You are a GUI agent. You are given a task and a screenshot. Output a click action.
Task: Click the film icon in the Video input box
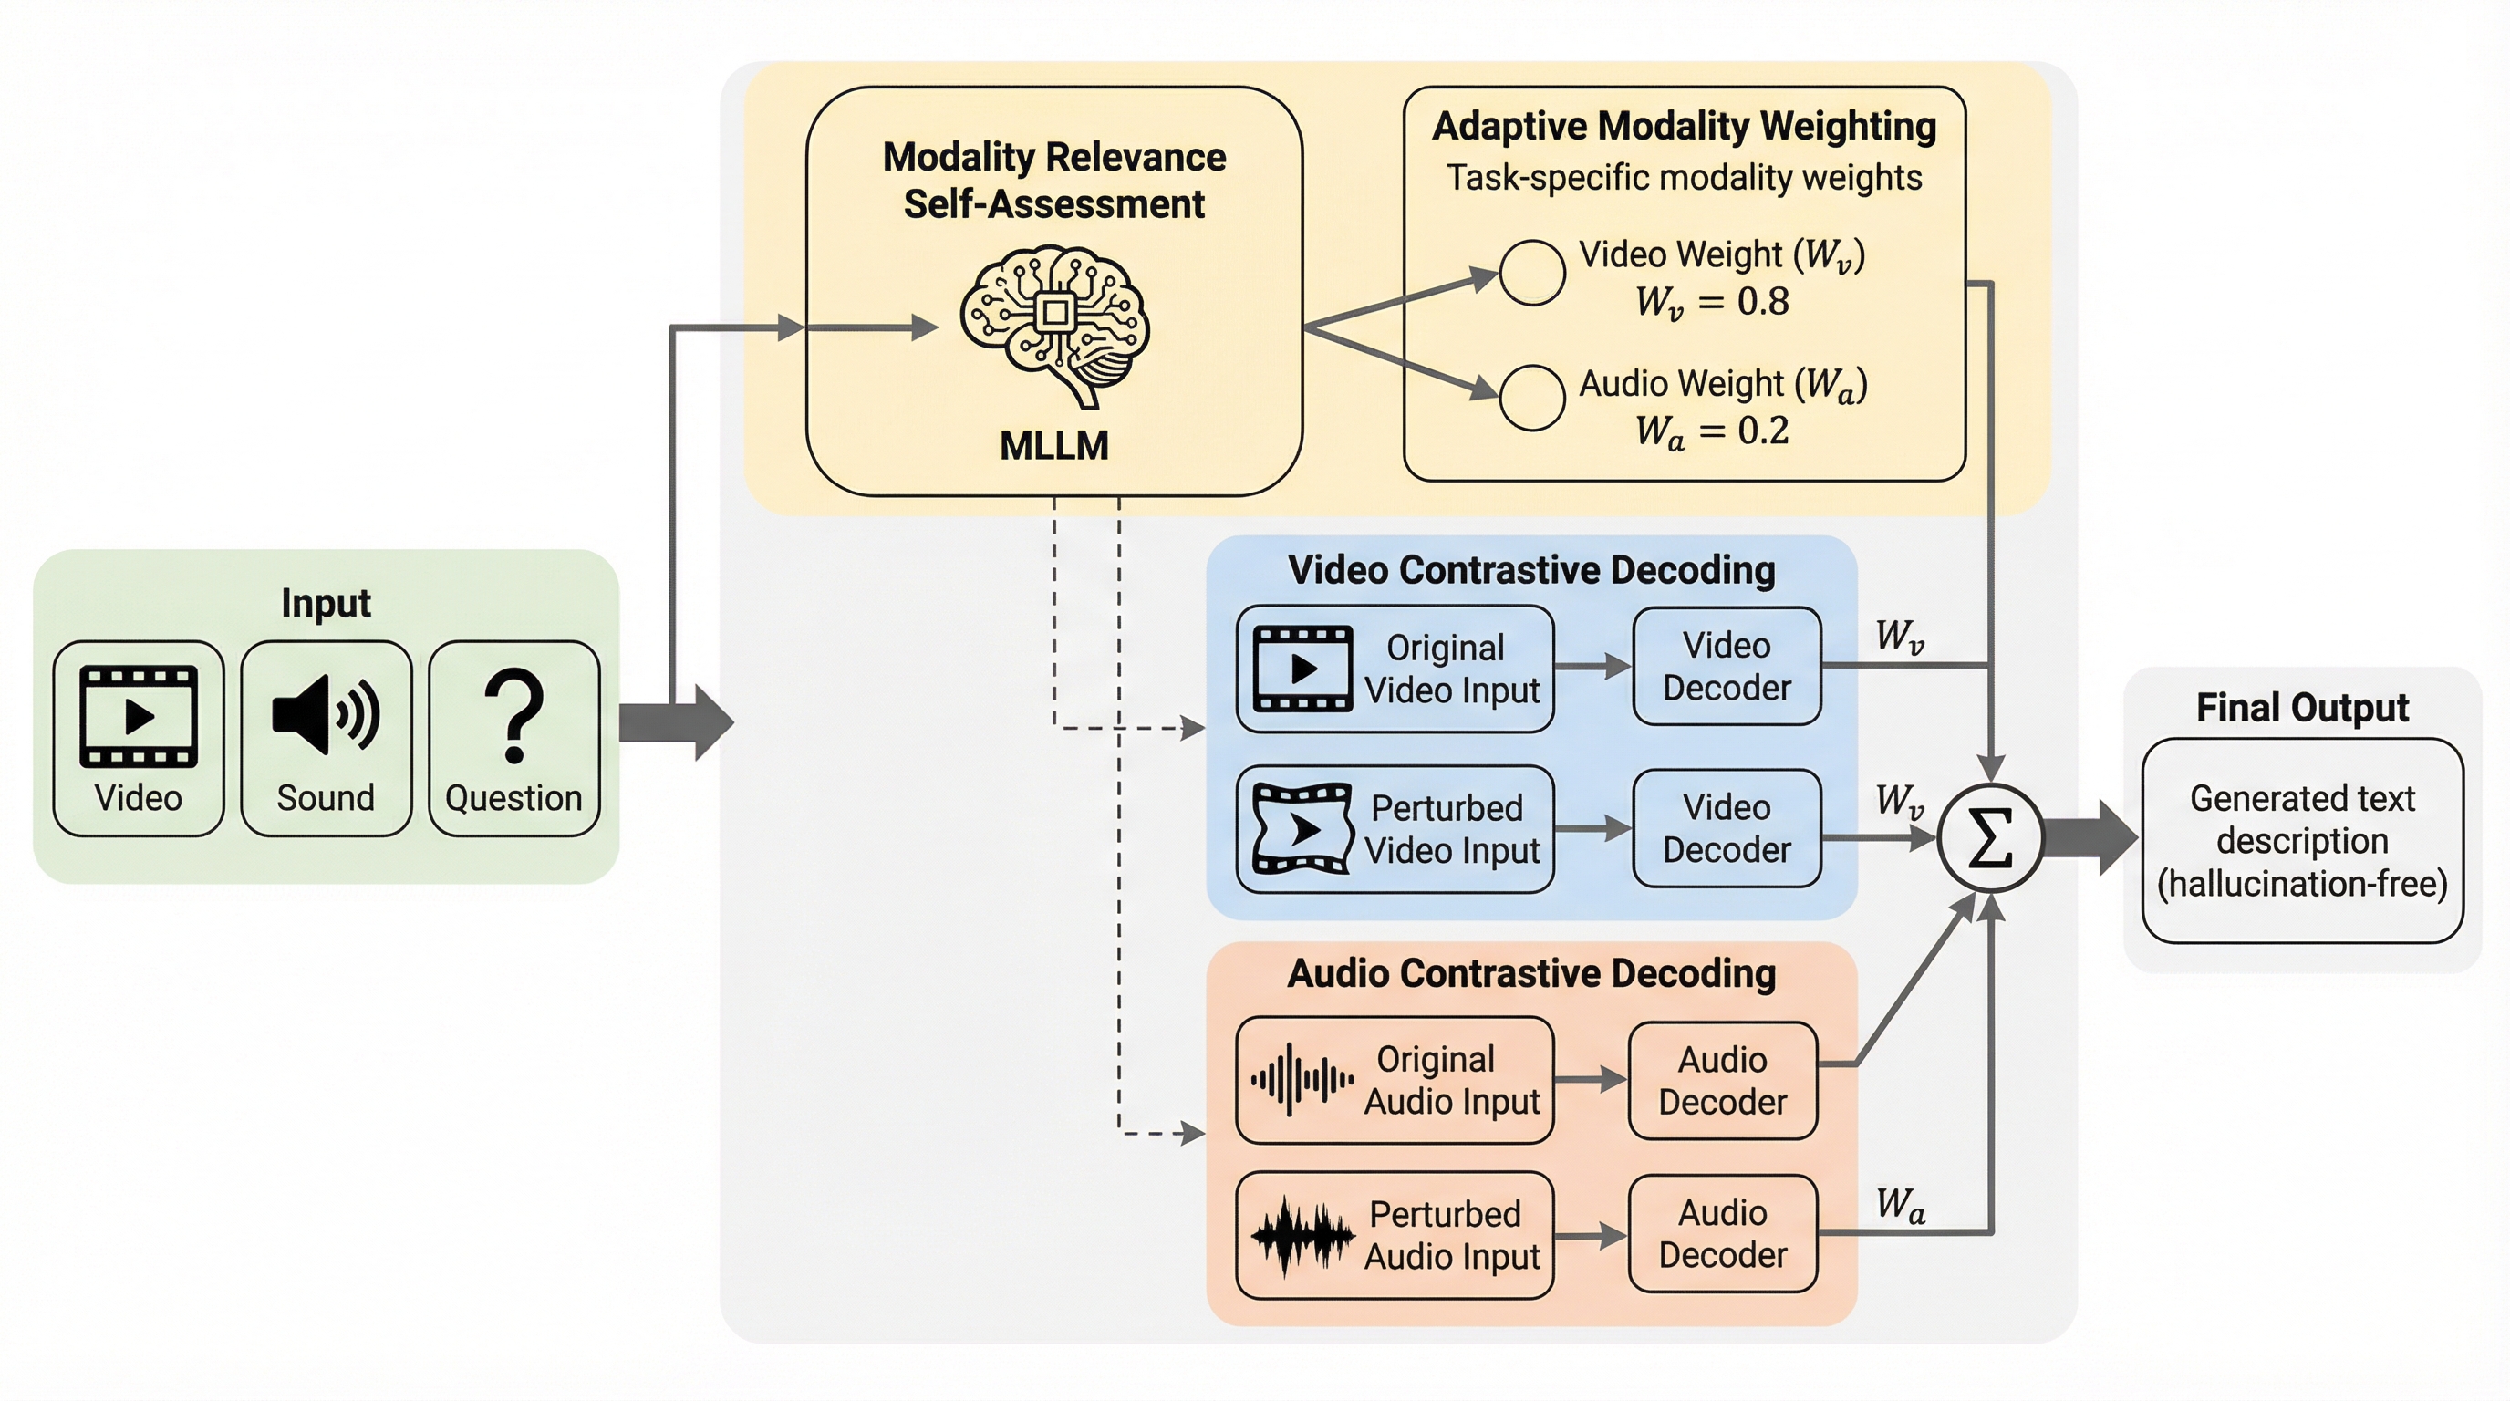click(x=139, y=716)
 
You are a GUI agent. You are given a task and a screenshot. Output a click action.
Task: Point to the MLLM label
click(x=1054, y=446)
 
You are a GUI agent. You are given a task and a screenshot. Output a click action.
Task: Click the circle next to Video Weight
click(x=1531, y=273)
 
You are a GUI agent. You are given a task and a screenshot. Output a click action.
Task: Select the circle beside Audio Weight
click(x=1531, y=398)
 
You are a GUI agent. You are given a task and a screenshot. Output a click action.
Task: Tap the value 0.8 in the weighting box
click(x=1763, y=302)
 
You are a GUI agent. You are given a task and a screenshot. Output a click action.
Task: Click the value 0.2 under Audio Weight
click(x=1763, y=431)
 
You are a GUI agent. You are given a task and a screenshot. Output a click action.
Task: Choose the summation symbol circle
click(x=1990, y=839)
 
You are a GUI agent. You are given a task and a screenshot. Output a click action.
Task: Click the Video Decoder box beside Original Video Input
click(x=1727, y=667)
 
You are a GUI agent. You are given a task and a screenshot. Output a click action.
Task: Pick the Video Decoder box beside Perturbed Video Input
click(x=1727, y=828)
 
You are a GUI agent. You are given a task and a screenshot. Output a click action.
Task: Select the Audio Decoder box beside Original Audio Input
click(x=1723, y=1081)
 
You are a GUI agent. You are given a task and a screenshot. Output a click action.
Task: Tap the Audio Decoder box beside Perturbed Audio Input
click(x=1723, y=1233)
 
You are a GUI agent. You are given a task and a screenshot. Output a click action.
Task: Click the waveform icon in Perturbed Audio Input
click(x=1302, y=1235)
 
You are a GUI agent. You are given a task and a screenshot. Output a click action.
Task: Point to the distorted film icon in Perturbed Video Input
click(x=1302, y=828)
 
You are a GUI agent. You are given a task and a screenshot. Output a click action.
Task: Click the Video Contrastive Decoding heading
click(x=1530, y=570)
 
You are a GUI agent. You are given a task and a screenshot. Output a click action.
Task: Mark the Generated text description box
click(x=2302, y=841)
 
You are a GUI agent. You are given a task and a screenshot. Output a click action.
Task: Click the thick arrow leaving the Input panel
click(x=676, y=721)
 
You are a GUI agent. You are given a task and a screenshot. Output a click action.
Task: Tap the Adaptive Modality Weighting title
click(x=1684, y=127)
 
